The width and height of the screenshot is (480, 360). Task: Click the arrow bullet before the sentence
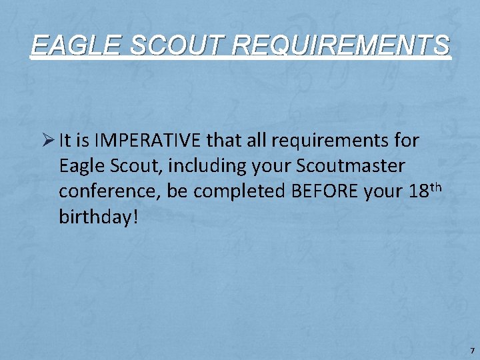(x=47, y=141)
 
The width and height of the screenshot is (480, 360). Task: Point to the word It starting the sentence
(x=65, y=141)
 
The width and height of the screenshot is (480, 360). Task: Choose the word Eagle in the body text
(x=78, y=167)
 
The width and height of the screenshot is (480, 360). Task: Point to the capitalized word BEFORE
(x=325, y=192)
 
